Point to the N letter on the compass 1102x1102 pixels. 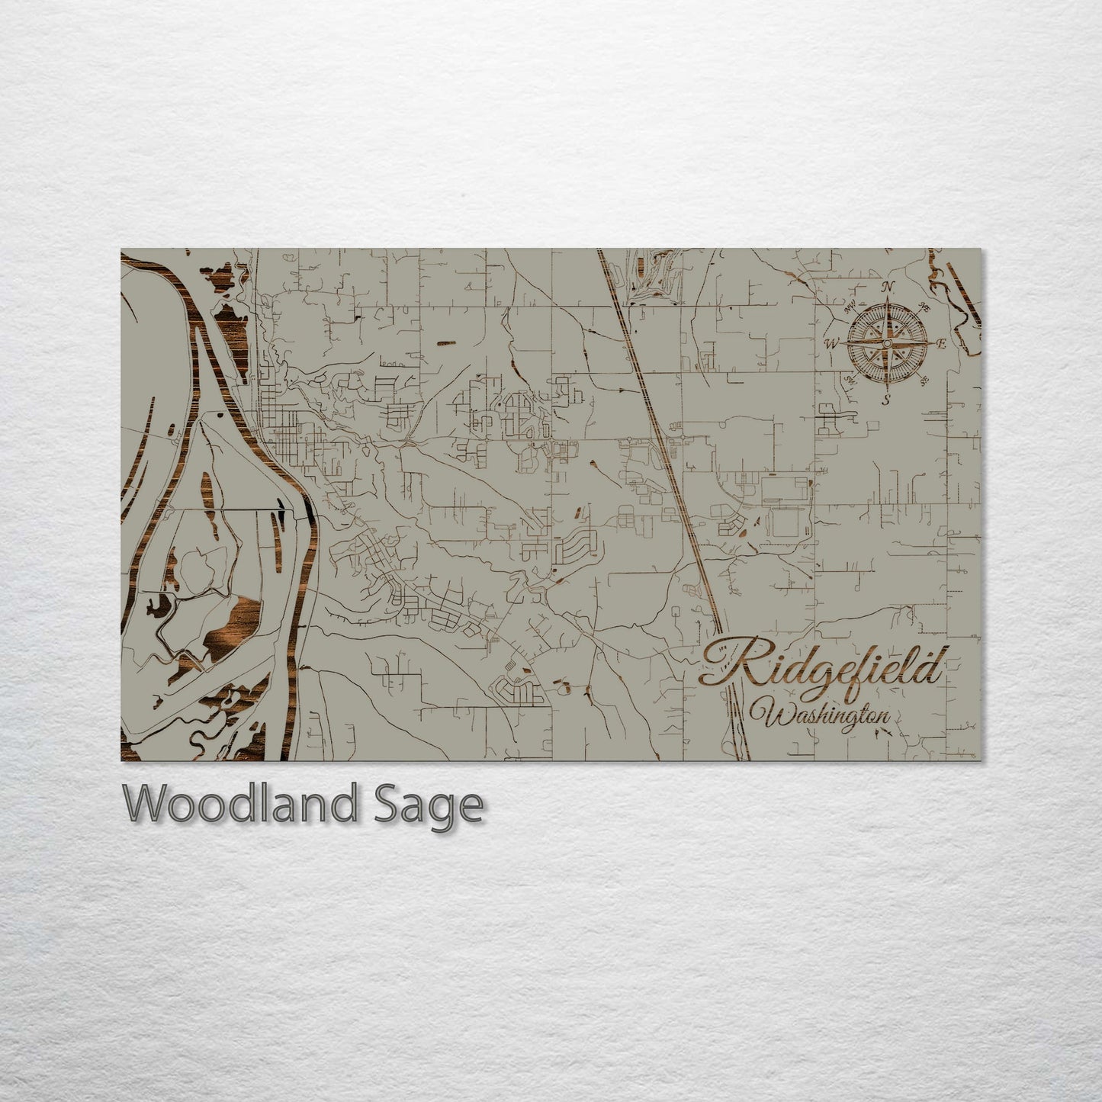[887, 288]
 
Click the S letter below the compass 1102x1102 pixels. [886, 399]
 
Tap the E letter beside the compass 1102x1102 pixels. [941, 344]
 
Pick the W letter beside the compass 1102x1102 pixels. [832, 344]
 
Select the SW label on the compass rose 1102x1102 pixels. [849, 379]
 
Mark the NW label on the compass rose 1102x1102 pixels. [849, 309]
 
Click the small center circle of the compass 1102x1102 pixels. [887, 344]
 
